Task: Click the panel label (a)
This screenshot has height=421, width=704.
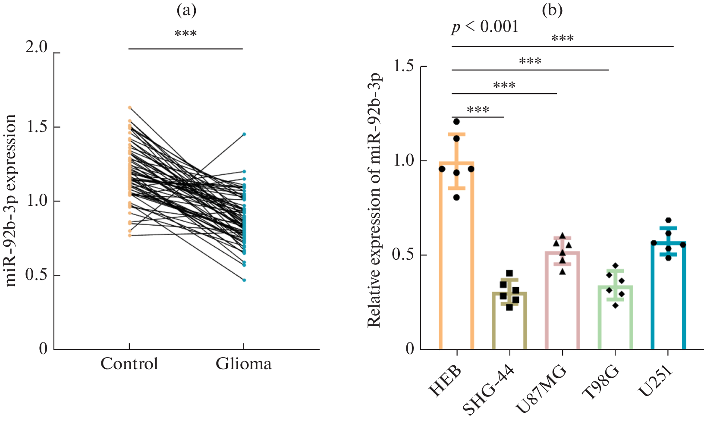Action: (x=186, y=11)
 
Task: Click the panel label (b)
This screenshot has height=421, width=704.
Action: (x=552, y=11)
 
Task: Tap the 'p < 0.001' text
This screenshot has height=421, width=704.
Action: (x=485, y=27)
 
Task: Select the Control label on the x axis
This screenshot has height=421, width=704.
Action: (x=129, y=364)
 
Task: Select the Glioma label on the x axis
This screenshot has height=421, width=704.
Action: (x=244, y=364)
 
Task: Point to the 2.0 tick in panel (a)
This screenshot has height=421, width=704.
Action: (x=37, y=47)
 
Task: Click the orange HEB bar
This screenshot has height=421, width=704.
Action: (x=456, y=259)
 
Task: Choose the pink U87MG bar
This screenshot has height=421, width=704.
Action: (x=563, y=302)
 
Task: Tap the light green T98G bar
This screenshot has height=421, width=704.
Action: (x=615, y=319)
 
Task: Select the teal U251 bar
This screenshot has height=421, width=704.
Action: (x=668, y=298)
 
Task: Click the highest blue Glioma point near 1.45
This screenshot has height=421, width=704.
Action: (x=244, y=134)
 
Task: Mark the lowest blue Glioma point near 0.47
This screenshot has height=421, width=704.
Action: (x=244, y=280)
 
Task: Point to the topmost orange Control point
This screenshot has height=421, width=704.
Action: (x=130, y=107)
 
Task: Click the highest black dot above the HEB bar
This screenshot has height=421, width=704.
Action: (x=456, y=121)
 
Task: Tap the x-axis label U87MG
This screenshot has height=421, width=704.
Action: (x=541, y=388)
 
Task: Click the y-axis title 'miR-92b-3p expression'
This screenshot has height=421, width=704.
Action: (x=11, y=201)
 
